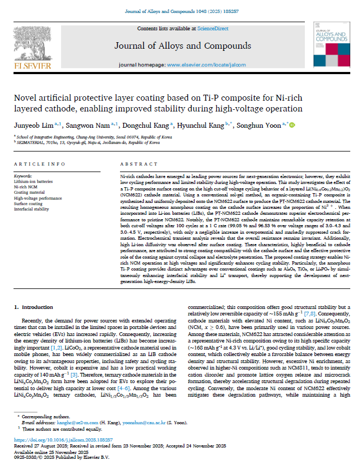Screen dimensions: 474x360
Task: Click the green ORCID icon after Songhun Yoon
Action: [292, 125]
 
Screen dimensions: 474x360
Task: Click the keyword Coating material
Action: [29, 192]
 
